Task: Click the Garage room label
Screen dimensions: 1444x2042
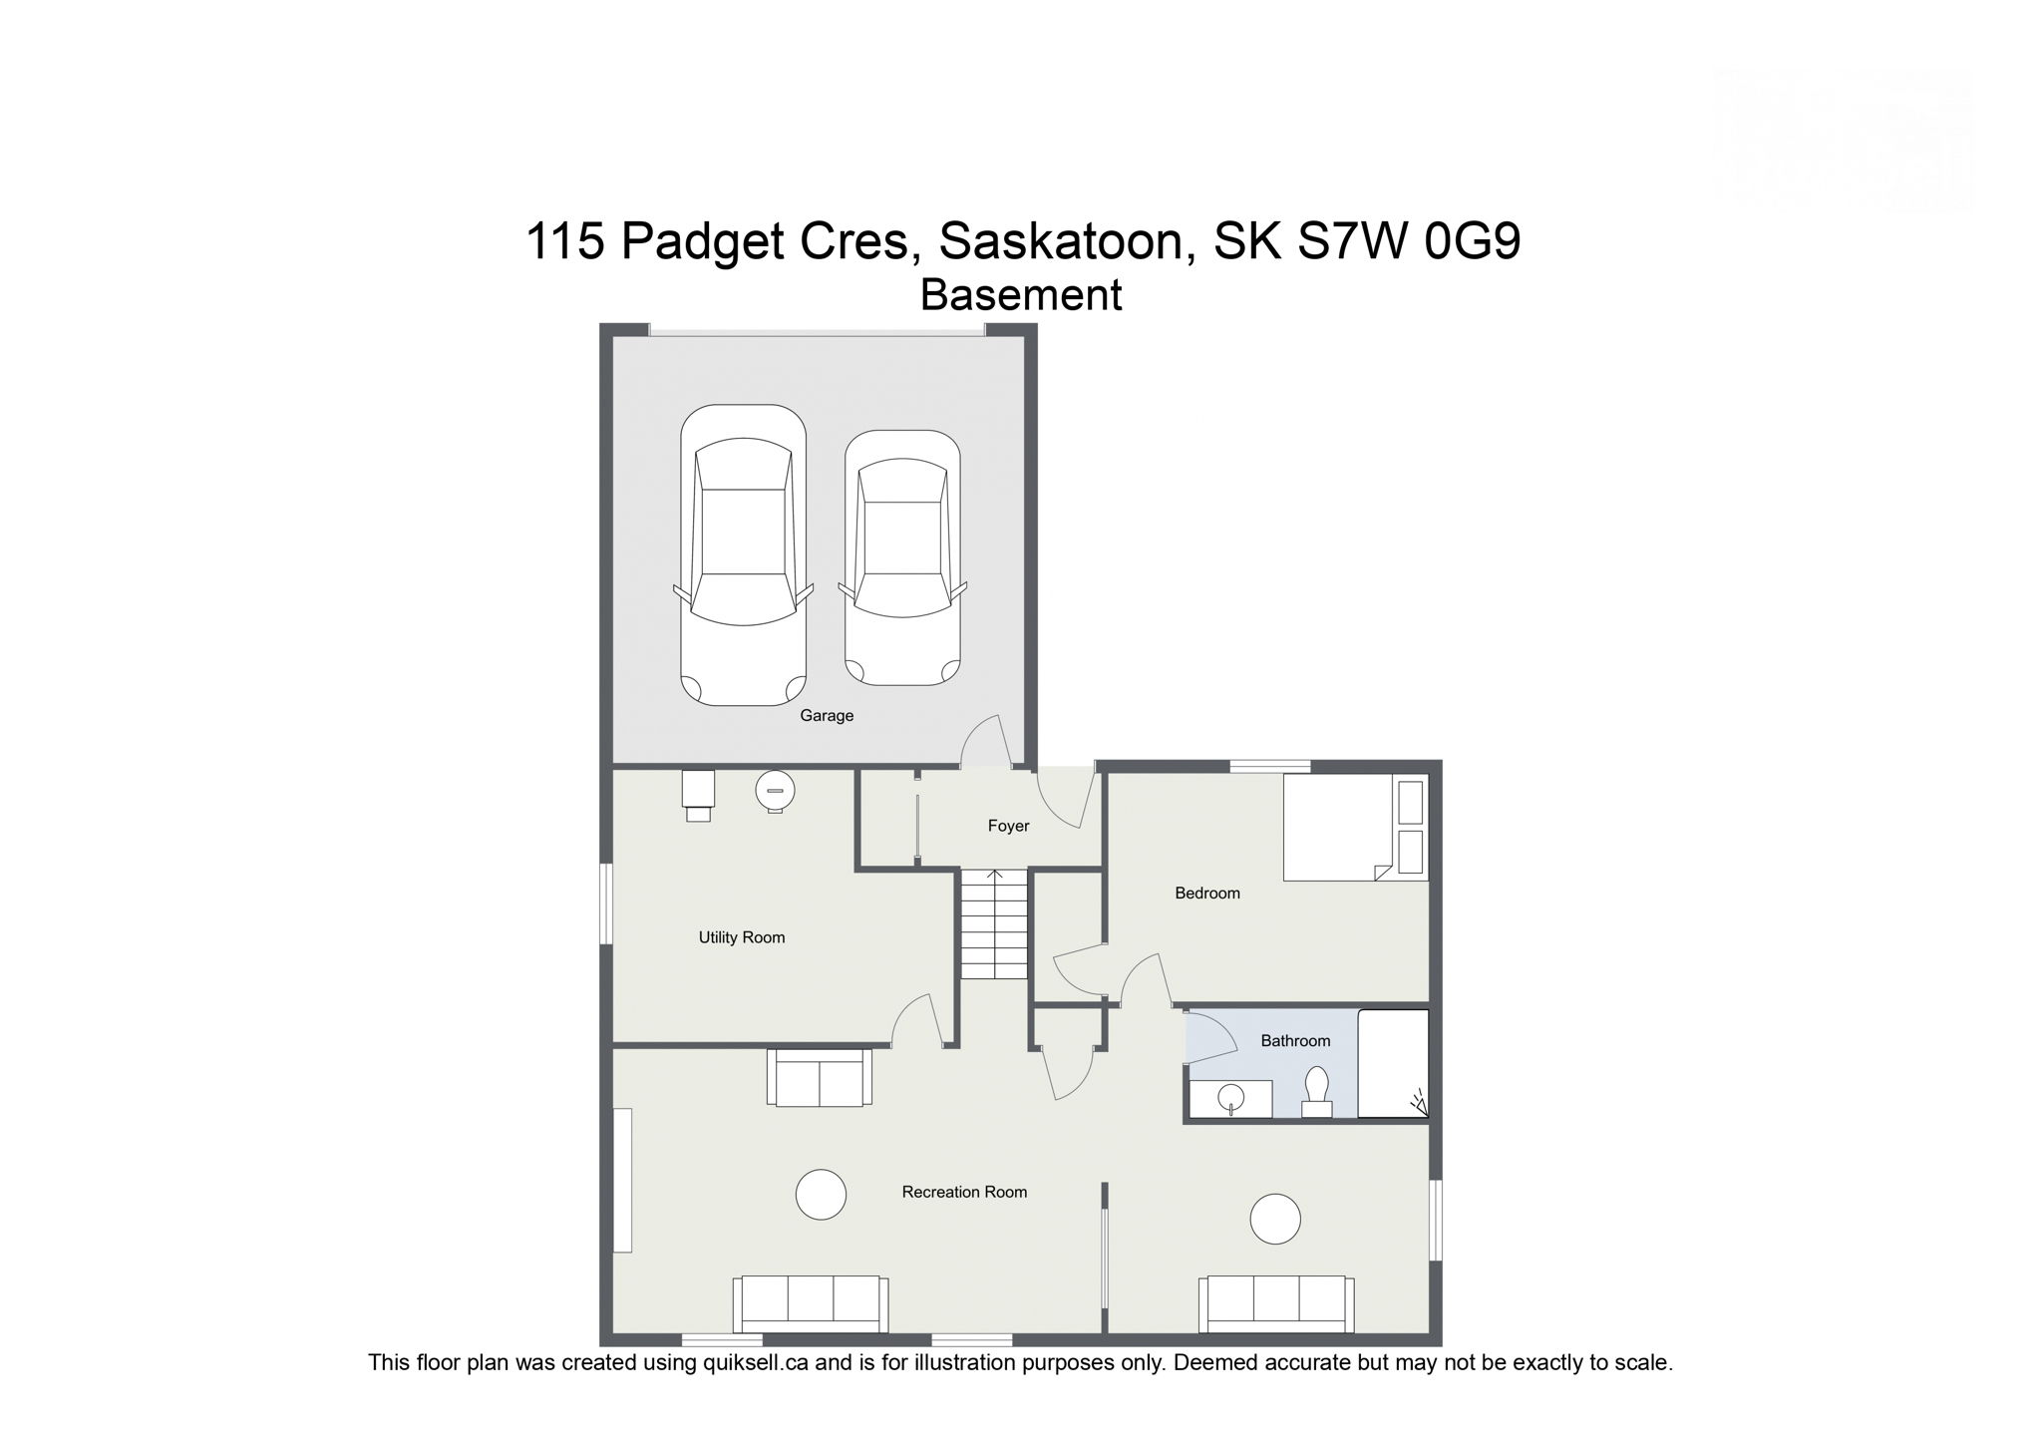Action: [x=827, y=715]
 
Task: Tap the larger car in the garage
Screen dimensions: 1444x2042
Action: [x=743, y=554]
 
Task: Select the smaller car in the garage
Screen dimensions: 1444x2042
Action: [x=902, y=557]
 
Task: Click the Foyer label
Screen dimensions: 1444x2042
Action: [x=1008, y=826]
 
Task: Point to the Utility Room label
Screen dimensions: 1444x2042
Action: [x=741, y=937]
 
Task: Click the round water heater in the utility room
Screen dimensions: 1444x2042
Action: [x=775, y=792]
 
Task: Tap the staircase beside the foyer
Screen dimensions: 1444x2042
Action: [x=994, y=923]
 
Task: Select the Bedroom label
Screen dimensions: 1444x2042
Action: [x=1206, y=894]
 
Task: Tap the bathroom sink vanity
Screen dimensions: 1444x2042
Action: [x=1231, y=1098]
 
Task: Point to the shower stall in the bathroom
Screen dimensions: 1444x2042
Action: [x=1394, y=1063]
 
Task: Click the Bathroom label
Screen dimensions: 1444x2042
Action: [x=1295, y=1041]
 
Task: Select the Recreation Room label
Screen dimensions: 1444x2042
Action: [x=963, y=1192]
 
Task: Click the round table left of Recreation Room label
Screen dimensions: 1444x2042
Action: [x=821, y=1194]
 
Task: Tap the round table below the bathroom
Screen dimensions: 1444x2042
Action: [x=1275, y=1219]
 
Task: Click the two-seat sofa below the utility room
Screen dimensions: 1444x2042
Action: [x=819, y=1077]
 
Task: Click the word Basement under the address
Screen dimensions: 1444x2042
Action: [x=1020, y=295]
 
